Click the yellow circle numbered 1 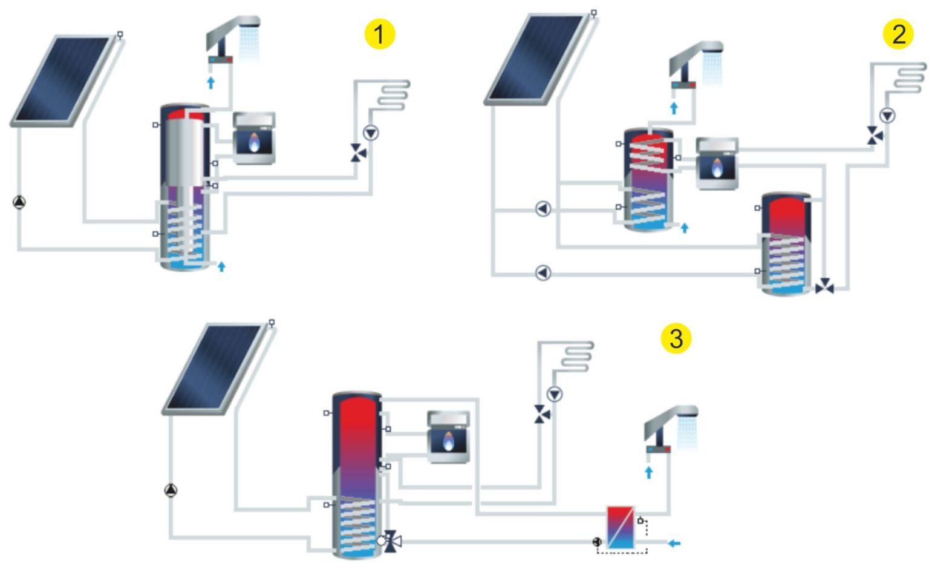point(379,34)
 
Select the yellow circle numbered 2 point(898,34)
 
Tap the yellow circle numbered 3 point(676,338)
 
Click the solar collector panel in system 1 point(62,81)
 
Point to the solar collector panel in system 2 point(536,59)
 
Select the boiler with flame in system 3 point(448,437)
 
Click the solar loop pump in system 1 point(19,202)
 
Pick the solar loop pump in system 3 point(171,490)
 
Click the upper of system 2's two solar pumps point(543,209)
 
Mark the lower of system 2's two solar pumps point(543,273)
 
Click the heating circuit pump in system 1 point(370,133)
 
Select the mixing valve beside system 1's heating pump point(358,153)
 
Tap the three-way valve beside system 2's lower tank point(824,288)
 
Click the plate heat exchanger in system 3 point(620,527)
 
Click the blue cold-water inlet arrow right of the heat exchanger point(674,543)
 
